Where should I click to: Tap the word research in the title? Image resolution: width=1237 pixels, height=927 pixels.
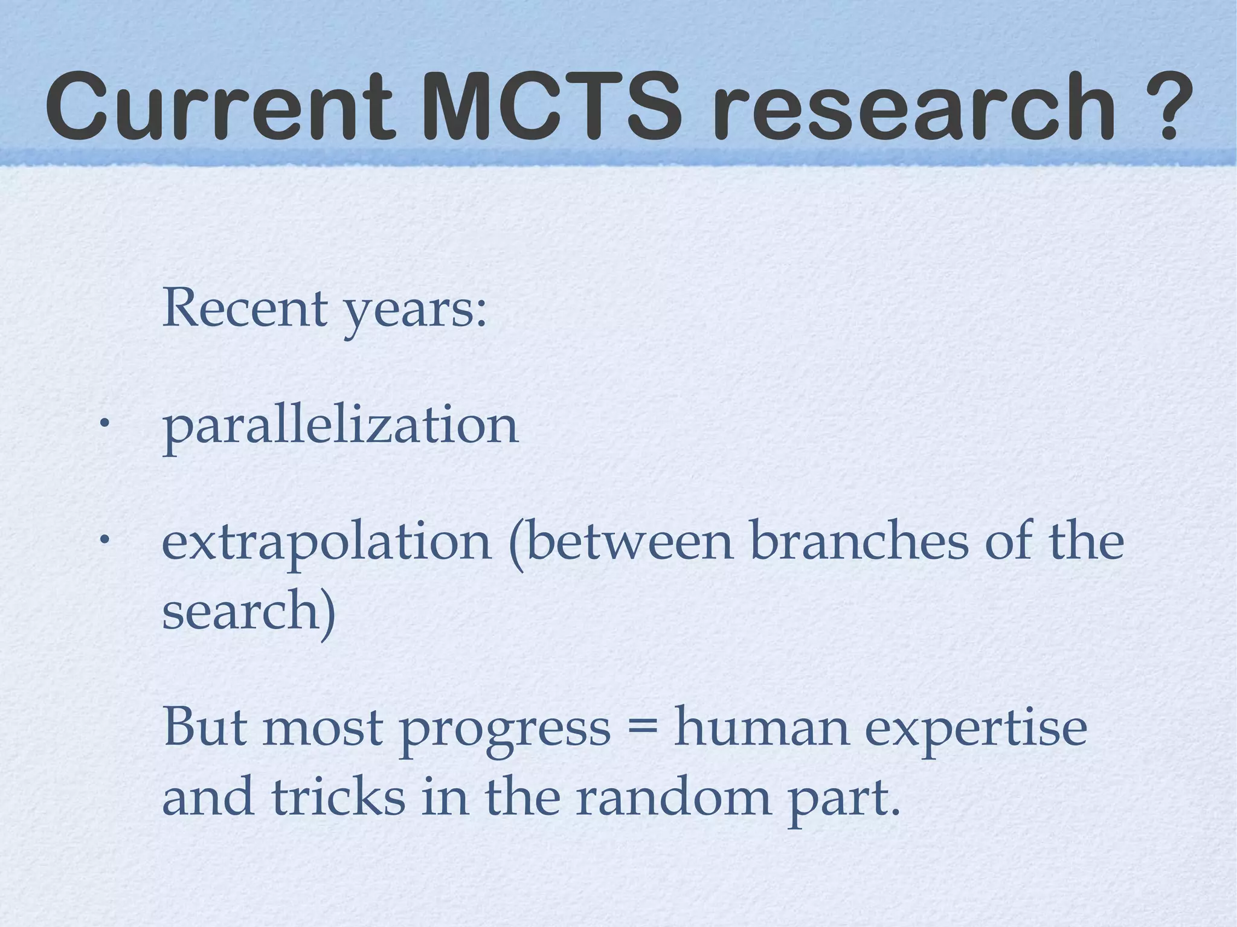point(916,107)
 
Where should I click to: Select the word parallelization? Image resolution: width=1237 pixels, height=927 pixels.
point(340,426)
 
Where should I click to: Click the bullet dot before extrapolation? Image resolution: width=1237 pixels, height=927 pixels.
point(104,537)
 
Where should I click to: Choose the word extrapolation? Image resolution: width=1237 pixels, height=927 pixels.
point(327,542)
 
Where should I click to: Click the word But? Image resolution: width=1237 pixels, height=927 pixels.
point(205,727)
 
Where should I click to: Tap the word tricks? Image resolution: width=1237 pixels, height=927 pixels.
point(338,796)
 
